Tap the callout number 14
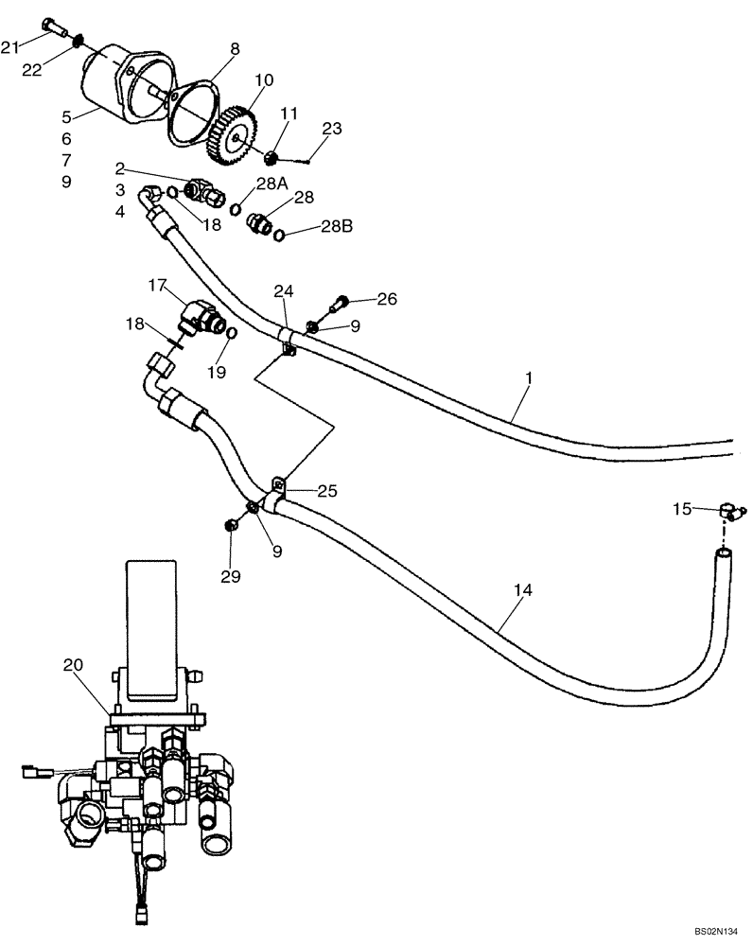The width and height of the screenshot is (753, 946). [x=523, y=590]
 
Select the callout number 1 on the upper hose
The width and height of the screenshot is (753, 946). [x=529, y=377]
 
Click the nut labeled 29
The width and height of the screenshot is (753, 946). [x=231, y=525]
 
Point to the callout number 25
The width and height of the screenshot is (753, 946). [x=327, y=491]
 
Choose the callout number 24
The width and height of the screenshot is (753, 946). [x=284, y=289]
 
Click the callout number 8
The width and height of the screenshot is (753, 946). [x=235, y=47]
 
